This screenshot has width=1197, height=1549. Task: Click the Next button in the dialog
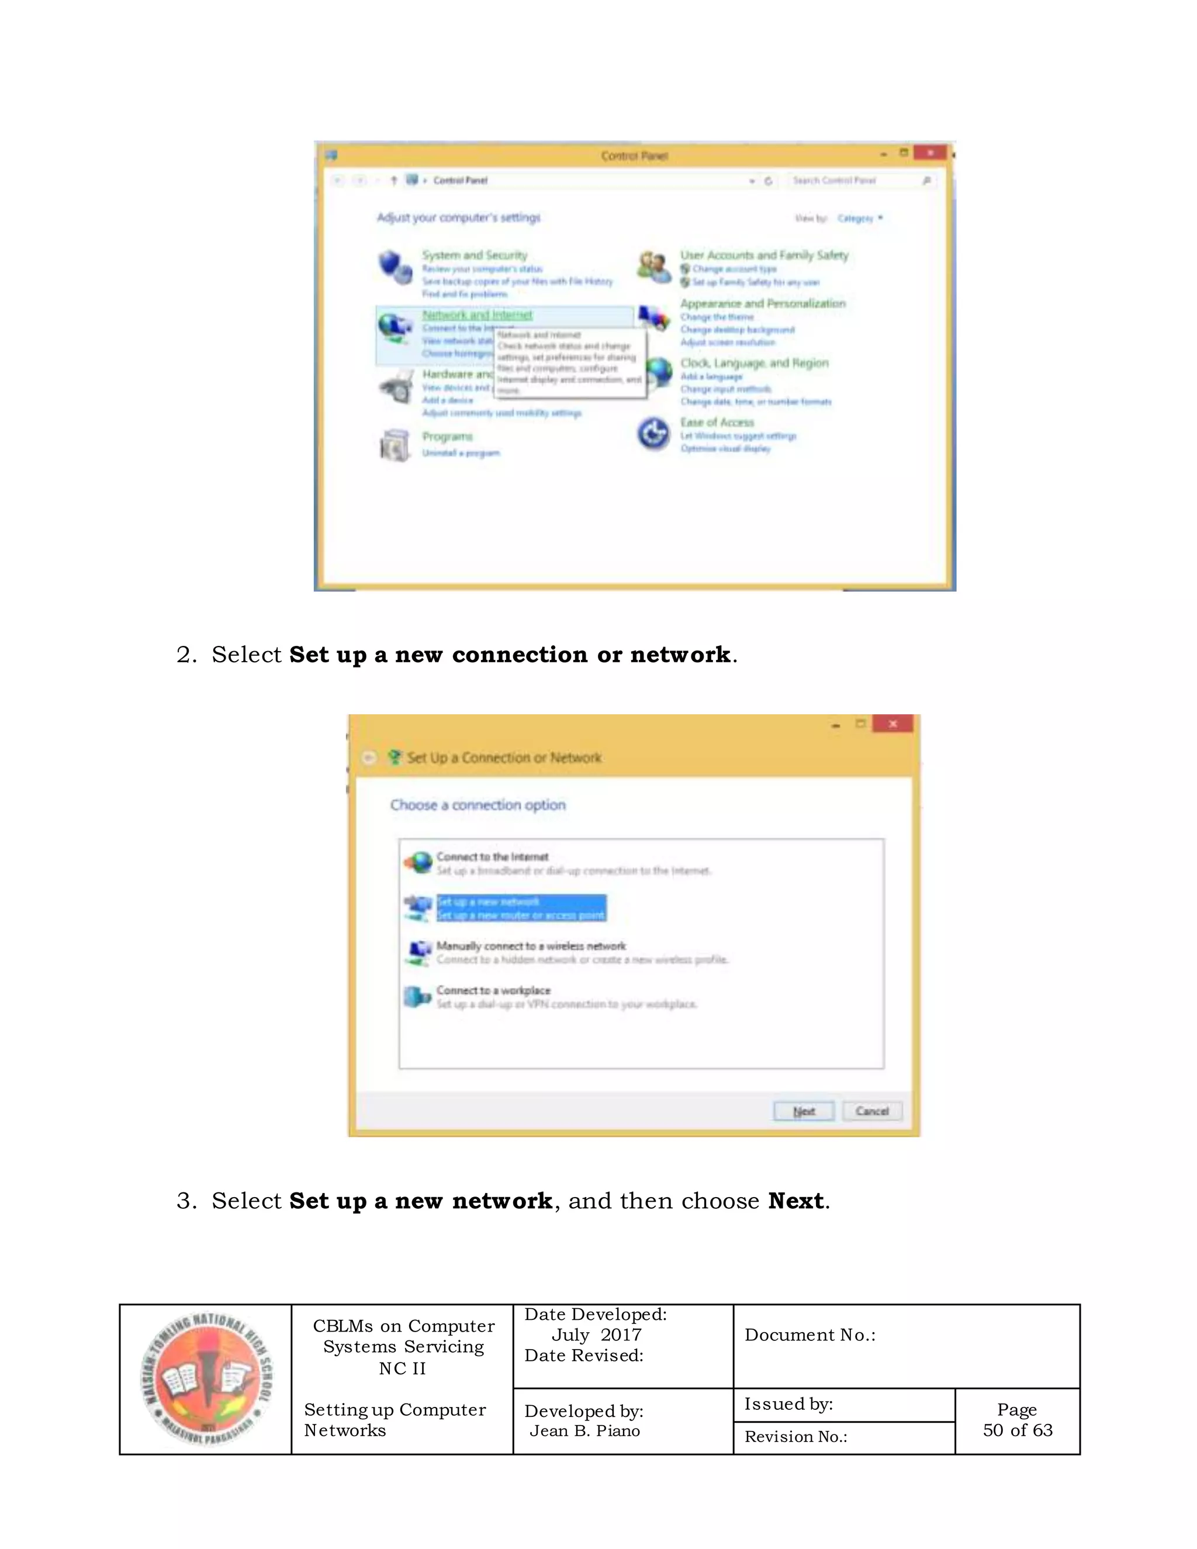coord(804,1111)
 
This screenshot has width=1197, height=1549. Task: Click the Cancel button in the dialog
coord(871,1111)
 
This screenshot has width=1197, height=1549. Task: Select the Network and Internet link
coord(478,315)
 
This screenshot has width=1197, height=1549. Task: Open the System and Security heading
coord(475,255)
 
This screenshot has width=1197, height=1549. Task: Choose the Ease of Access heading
coord(717,422)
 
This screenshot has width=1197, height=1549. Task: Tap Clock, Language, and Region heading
coord(754,363)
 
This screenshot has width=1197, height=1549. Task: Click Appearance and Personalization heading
coord(762,303)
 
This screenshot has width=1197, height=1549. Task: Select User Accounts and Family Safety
coord(764,255)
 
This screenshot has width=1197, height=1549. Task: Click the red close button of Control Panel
coord(929,153)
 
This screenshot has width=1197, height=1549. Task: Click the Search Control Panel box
coord(854,181)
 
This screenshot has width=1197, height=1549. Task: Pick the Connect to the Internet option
coord(492,857)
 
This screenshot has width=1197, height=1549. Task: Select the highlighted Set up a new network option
coord(521,908)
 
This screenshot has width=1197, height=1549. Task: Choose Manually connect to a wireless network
coord(531,946)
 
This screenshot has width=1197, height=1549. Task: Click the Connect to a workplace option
coord(493,990)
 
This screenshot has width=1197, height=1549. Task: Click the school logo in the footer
coord(206,1379)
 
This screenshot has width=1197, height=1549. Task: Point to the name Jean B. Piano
coord(584,1430)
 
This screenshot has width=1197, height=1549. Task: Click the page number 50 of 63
coord(1017,1430)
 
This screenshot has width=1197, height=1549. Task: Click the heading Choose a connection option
coord(478,805)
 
